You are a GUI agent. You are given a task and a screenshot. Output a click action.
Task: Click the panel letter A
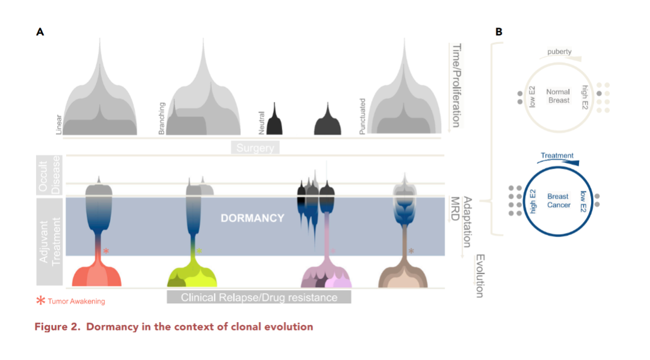pos(40,32)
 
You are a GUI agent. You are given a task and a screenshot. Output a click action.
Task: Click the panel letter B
pos(498,32)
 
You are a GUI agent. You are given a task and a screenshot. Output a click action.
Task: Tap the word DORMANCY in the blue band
pos(252,218)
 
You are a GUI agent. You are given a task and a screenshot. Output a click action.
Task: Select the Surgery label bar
pos(255,147)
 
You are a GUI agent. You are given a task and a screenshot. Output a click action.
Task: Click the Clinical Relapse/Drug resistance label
pos(259,297)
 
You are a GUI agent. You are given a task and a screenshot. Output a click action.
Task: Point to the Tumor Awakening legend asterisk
pos(41,300)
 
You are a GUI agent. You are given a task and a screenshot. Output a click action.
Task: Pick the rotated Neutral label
pos(262,122)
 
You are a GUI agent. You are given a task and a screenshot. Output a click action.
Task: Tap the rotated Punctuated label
pos(362,116)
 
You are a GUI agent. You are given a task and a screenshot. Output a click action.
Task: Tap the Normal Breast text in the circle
pos(558,96)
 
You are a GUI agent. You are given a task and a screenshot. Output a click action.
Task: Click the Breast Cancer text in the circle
pos(558,201)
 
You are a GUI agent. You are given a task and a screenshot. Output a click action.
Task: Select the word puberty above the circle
pos(559,52)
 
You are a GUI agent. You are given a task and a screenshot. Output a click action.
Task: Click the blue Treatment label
pos(557,155)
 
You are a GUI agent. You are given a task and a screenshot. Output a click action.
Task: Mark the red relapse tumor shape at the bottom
pos(97,275)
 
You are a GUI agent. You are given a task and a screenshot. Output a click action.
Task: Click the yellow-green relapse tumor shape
pos(192,275)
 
